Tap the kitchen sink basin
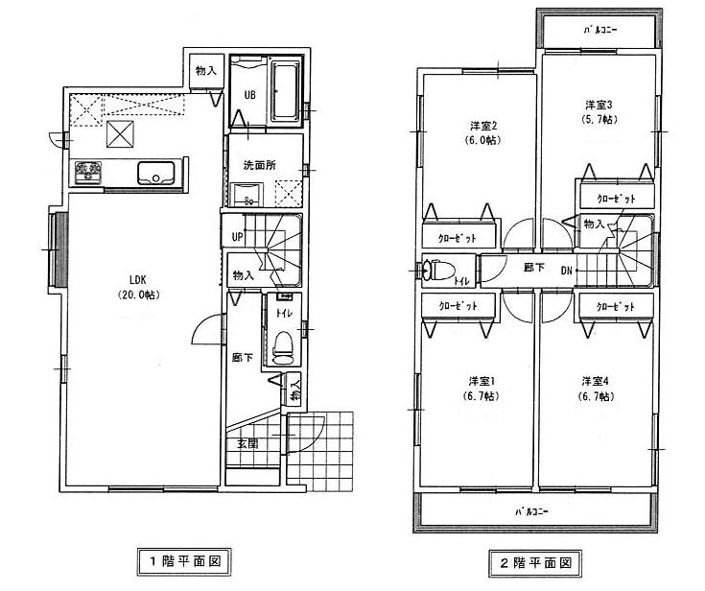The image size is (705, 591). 154,174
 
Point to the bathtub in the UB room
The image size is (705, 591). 285,91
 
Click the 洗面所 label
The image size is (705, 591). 253,164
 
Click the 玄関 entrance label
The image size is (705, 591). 247,443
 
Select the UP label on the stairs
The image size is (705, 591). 236,235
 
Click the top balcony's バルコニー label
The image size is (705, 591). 601,30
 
